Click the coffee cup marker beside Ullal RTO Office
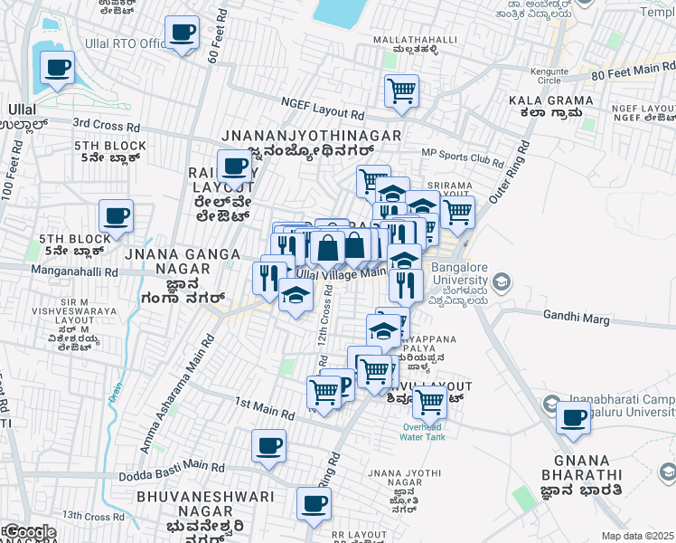tap(183, 33)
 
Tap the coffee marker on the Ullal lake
tap(57, 67)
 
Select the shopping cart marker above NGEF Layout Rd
tap(400, 90)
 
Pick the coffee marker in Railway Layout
tap(235, 167)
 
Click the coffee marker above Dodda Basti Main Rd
tap(268, 446)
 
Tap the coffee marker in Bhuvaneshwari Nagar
tap(314, 504)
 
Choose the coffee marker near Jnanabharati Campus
tap(573, 418)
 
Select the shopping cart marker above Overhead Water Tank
tap(429, 399)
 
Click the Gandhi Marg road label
tap(577, 316)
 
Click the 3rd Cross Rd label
tap(107, 123)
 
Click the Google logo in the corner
tap(29, 532)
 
